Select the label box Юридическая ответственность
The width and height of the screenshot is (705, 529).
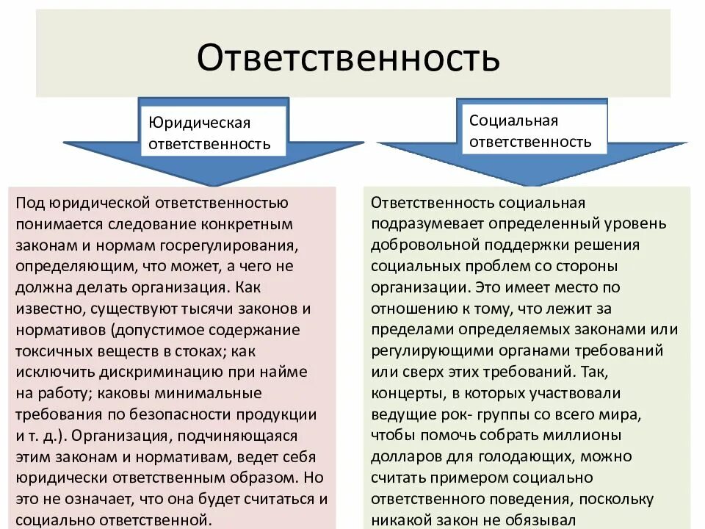210,132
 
